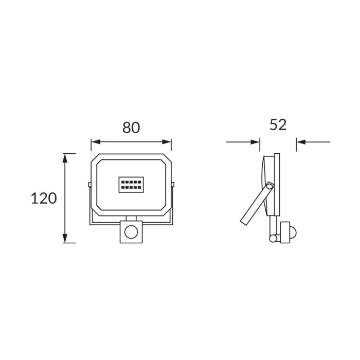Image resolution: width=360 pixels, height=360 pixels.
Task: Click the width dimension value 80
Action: (131, 128)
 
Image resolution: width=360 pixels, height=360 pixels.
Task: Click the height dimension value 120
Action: (44, 199)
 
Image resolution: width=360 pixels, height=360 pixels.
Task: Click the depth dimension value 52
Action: (278, 124)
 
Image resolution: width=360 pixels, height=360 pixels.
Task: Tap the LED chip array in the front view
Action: (131, 185)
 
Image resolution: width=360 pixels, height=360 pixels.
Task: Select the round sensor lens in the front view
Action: (131, 232)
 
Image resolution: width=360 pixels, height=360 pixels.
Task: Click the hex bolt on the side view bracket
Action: (270, 186)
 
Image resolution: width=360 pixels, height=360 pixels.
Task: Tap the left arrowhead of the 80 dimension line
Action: (96, 142)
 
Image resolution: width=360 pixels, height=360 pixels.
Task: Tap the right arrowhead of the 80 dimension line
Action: (167, 142)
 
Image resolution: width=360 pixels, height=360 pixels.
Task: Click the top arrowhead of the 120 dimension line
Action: (65, 158)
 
